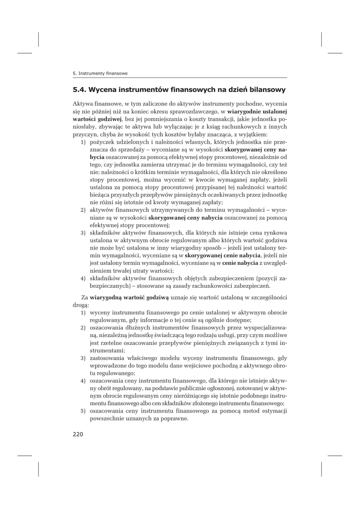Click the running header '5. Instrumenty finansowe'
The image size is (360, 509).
(x=100, y=73)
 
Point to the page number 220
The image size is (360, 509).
(x=78, y=434)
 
